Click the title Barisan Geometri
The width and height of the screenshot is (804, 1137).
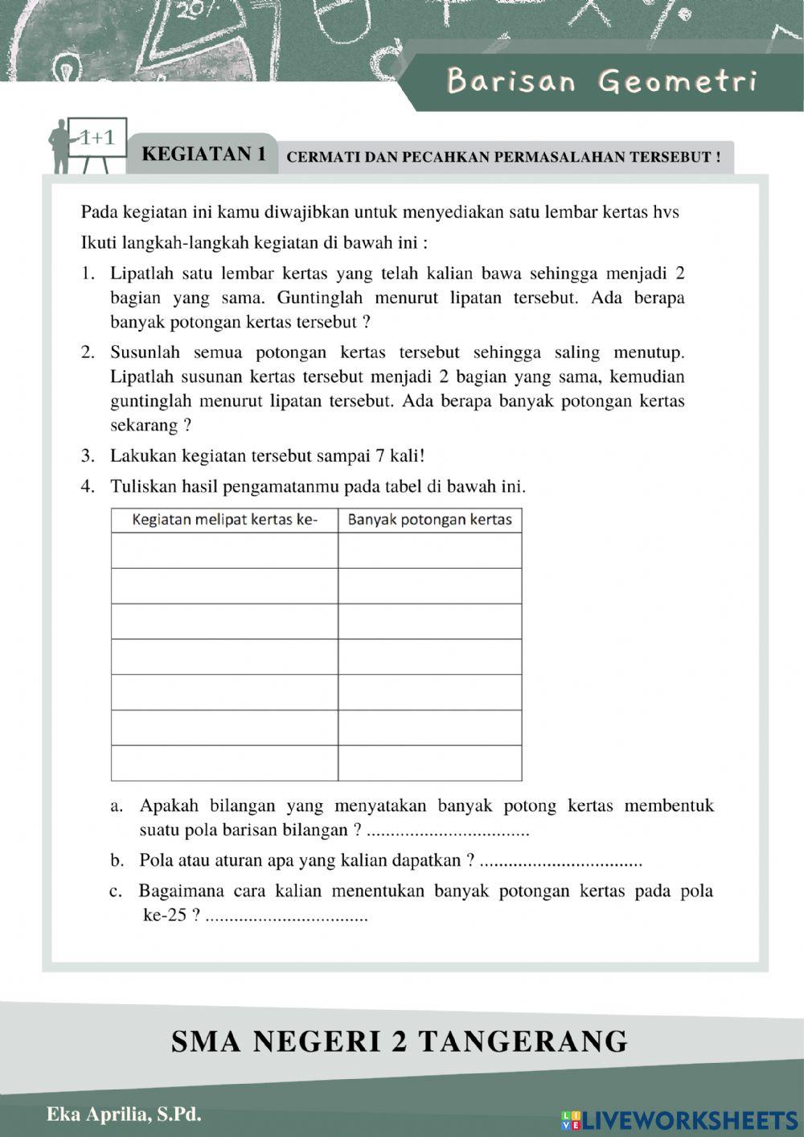601,82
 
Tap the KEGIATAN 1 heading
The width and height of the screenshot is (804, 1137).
203,154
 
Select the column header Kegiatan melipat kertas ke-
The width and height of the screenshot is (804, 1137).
224,520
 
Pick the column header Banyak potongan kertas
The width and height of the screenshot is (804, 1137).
429,520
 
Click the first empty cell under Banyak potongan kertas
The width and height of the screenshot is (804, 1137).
429,551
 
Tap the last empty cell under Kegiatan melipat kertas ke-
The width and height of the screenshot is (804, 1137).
224,763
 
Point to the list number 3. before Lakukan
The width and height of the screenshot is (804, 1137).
88,456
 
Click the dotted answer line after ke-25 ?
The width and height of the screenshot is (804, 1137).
287,917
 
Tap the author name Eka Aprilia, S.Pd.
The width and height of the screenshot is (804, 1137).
124,1114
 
